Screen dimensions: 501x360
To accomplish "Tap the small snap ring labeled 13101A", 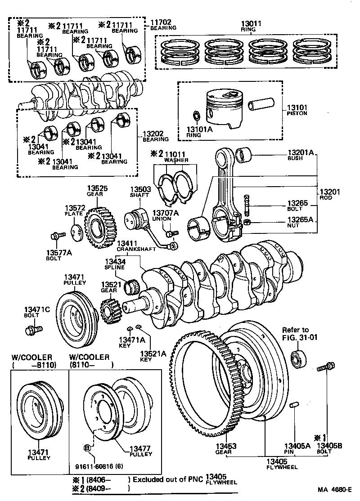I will click(197, 116).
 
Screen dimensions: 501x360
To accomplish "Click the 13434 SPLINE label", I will click(115, 264).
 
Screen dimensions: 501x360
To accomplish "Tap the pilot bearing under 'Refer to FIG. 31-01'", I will click(298, 358).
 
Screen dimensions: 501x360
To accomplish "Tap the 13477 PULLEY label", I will click(140, 451).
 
